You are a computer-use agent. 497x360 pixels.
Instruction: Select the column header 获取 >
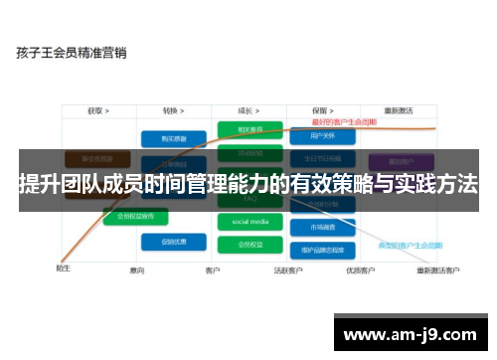(97, 111)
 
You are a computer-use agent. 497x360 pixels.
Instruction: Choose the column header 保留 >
(321, 111)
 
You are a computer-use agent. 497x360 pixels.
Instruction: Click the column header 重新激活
(400, 111)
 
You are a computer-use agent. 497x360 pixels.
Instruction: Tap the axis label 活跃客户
(288, 270)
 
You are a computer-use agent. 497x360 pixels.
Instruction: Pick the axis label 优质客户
(359, 270)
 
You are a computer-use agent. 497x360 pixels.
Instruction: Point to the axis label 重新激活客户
(437, 270)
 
